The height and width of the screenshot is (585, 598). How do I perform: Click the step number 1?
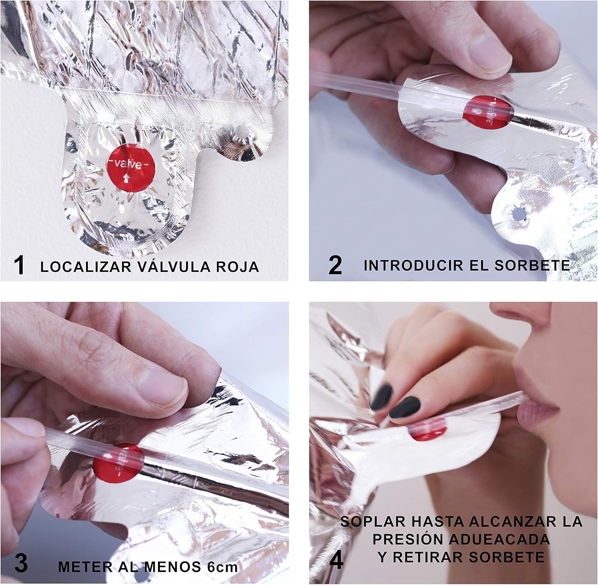click(x=19, y=265)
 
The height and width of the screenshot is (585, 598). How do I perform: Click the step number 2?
click(x=335, y=265)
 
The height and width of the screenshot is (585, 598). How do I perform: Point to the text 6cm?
click(x=221, y=566)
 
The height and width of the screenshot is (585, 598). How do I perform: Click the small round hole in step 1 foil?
click(x=241, y=130)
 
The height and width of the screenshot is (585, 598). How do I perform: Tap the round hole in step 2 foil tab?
click(x=519, y=214)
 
